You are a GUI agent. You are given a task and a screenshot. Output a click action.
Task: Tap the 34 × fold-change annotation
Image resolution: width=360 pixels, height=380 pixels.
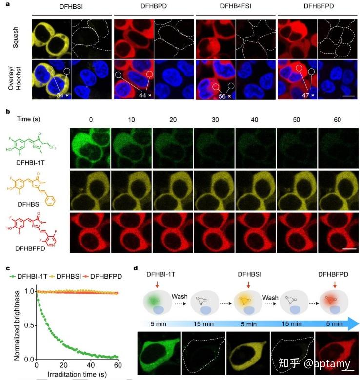click(62, 95)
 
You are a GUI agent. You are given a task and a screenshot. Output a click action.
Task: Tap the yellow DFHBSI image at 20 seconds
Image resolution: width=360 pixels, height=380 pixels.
click(173, 188)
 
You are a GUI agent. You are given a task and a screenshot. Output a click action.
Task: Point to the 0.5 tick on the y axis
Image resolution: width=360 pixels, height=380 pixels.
click(29, 324)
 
